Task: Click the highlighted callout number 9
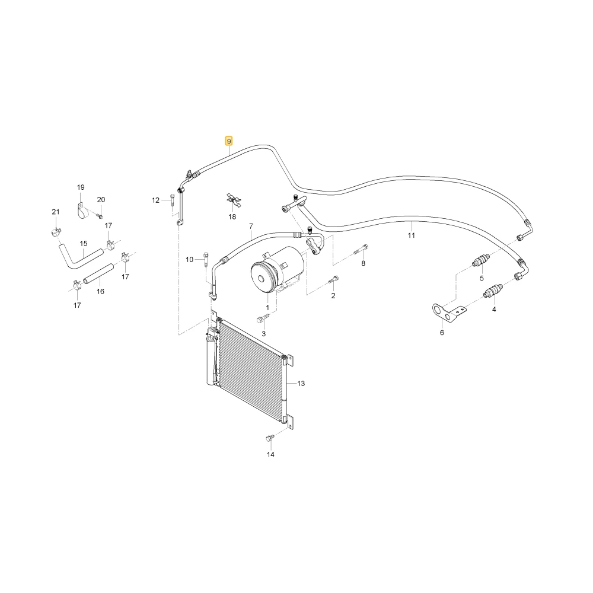228,142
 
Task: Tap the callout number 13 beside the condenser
301,384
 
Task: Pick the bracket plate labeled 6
449,313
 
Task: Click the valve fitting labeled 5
481,262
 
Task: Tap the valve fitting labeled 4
493,292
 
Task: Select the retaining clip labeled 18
232,200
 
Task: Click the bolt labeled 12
172,199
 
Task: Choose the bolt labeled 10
206,259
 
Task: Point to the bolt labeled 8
361,250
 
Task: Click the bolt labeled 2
333,280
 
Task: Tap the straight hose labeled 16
98,273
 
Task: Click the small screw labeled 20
100,216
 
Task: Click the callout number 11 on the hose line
412,235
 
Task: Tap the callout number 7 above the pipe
251,227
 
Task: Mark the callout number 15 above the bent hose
84,244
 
